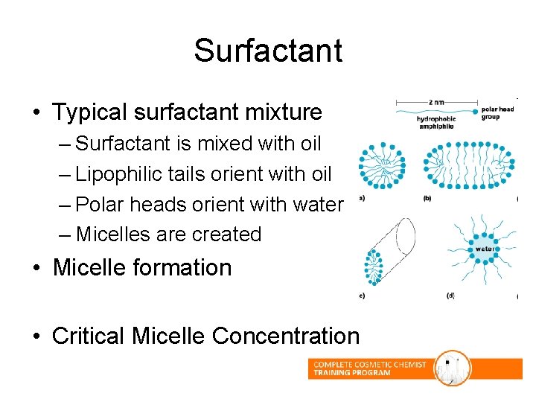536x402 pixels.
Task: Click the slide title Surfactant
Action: (268, 51)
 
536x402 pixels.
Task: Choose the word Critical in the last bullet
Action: (89, 336)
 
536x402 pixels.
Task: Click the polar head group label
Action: (498, 113)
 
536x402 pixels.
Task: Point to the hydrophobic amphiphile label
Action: (436, 124)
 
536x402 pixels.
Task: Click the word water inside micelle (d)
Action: (485, 249)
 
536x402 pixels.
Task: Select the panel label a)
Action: (362, 199)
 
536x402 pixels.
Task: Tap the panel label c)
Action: (362, 296)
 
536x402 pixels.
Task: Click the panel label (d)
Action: (450, 296)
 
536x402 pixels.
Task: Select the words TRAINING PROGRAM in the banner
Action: (352, 373)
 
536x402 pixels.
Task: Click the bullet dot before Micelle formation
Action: (35, 268)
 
